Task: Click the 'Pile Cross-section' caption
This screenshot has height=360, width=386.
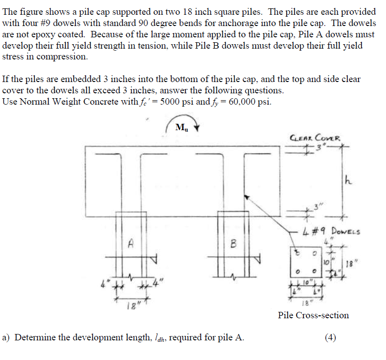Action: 313,315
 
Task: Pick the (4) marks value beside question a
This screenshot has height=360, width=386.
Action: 331,337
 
